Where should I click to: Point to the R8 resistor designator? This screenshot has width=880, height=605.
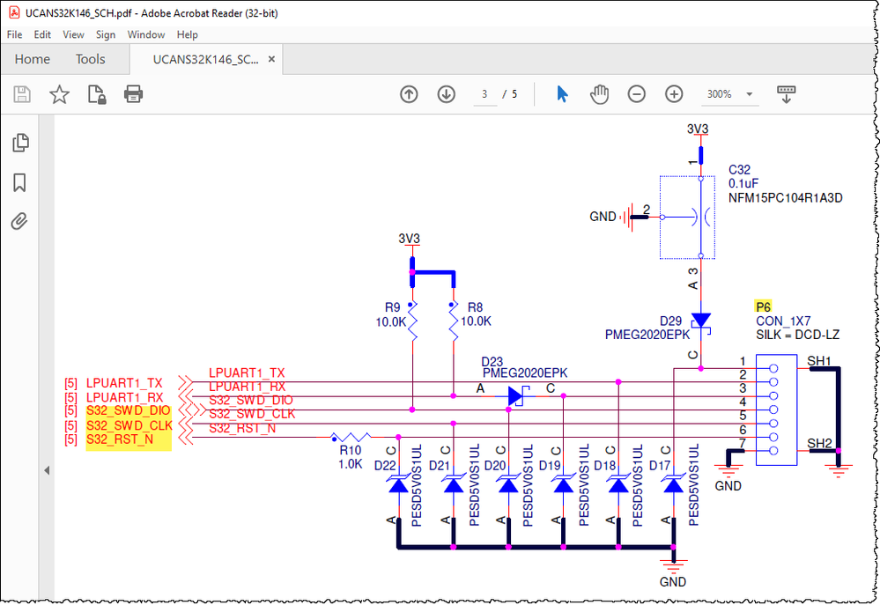pos(475,307)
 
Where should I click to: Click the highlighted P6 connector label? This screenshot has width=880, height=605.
pos(763,306)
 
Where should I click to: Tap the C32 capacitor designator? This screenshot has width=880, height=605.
pos(739,169)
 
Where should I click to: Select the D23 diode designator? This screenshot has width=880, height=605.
pos(492,361)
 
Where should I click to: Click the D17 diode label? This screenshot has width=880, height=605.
pos(661,465)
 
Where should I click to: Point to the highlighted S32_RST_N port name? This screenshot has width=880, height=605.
pos(120,439)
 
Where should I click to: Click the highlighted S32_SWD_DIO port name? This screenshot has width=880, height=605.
pos(129,411)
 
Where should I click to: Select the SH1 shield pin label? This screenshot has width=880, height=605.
pos(819,360)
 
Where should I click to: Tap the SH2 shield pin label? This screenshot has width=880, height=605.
pos(819,443)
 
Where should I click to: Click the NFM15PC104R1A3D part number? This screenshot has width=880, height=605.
pos(785,198)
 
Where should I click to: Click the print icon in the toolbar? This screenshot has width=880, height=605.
pos(133,94)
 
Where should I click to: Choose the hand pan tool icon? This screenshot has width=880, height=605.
pos(600,94)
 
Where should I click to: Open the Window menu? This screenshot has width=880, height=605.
pos(145,34)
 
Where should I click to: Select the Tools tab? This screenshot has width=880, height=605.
pos(90,59)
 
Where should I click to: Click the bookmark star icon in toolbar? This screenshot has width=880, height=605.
pos(59,94)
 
